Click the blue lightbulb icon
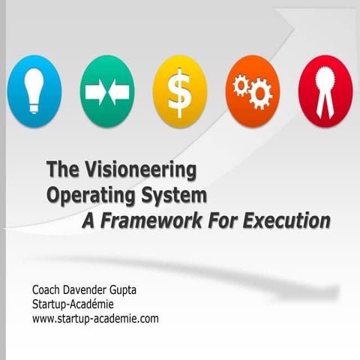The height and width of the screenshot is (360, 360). point(34,91)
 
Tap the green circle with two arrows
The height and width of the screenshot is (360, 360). point(107,91)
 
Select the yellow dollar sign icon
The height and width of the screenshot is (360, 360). point(180,91)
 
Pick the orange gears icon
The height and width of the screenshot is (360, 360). point(252,91)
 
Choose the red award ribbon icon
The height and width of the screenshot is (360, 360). point(324,91)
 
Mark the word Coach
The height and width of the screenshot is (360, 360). point(47,289)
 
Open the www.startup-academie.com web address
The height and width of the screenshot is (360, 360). point(95,318)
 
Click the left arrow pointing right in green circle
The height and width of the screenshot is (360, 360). point(95,92)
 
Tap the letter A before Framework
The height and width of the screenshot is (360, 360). point(88,221)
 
